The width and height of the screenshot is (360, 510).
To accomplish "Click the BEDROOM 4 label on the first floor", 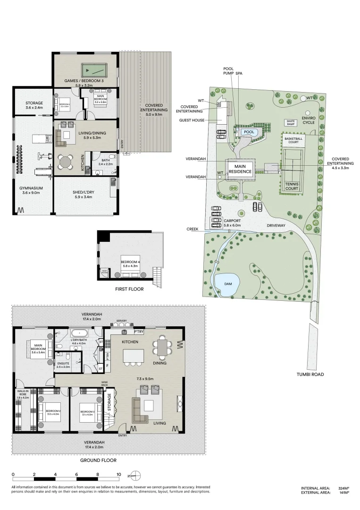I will point(130,263).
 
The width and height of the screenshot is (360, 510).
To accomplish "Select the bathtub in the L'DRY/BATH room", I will point(75,333).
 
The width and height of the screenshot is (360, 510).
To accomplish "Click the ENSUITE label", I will point(63,364).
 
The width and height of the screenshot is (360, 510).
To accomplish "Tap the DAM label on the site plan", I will point(226,284).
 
